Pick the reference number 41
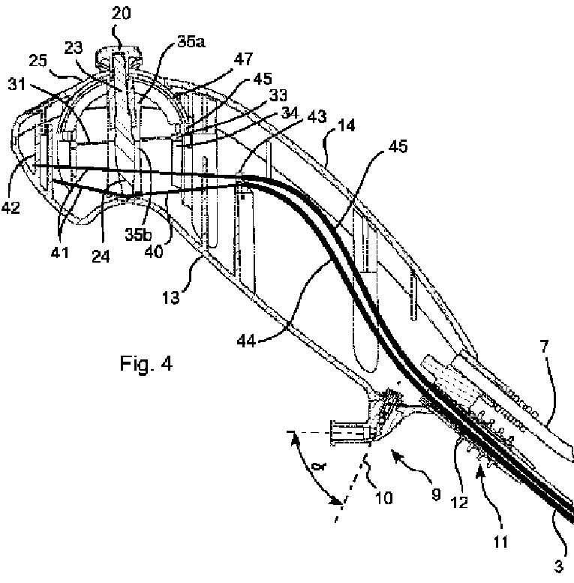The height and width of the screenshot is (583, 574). click(x=60, y=252)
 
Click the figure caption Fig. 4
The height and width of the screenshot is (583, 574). click(x=146, y=365)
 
